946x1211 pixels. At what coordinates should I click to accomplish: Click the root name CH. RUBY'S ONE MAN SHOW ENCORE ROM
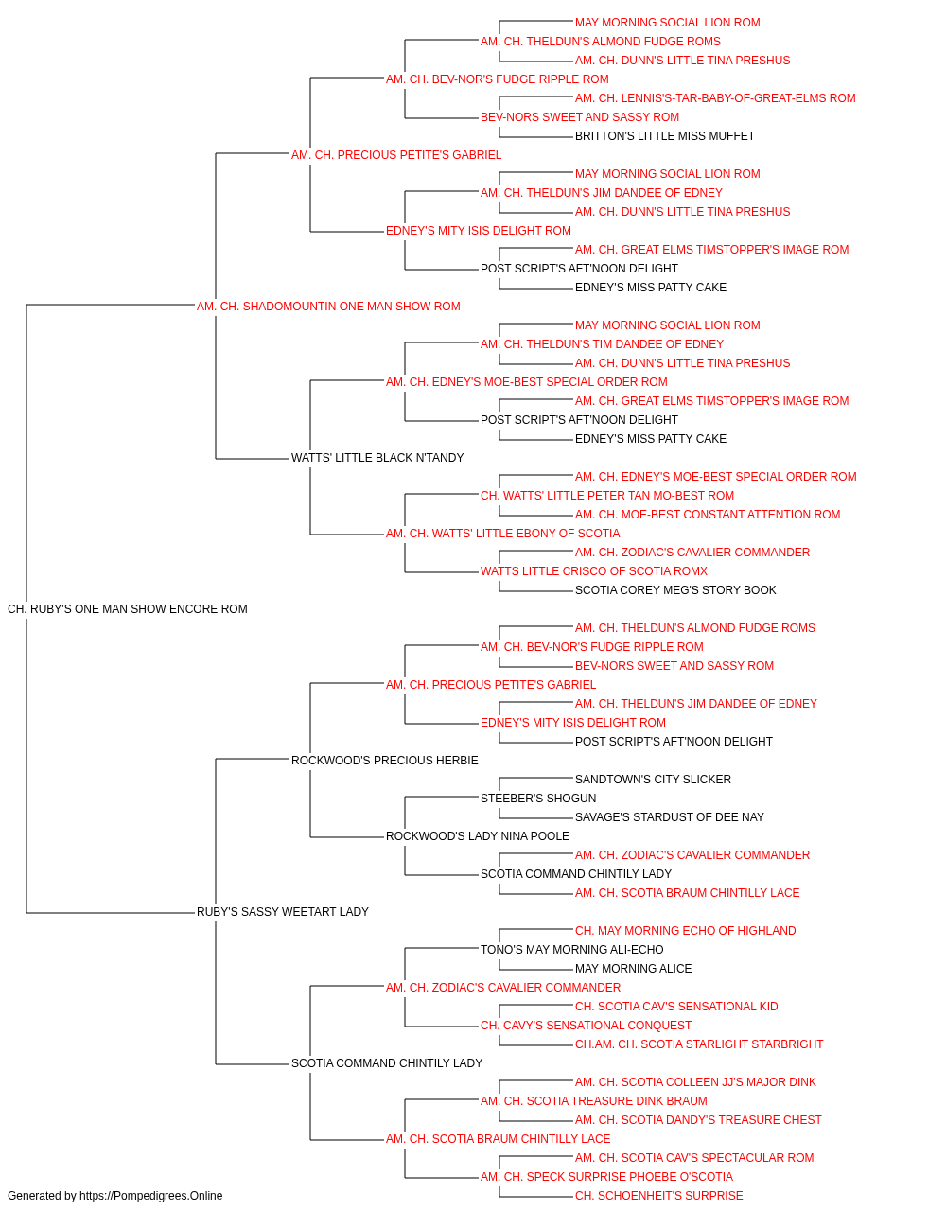pyautogui.click(x=128, y=609)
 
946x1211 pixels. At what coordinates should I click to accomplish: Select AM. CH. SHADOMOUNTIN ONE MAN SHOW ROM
pyautogui.click(x=328, y=307)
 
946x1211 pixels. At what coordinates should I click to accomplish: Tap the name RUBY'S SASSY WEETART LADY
pyautogui.click(x=283, y=912)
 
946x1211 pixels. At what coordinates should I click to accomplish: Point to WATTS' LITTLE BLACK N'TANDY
pyautogui.click(x=377, y=458)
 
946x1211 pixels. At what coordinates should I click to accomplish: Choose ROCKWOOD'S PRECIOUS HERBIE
pyautogui.click(x=384, y=761)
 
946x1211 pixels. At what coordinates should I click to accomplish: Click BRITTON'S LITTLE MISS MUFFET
pyautogui.click(x=665, y=136)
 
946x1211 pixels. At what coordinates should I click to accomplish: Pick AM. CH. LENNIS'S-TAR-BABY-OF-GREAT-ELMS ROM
pyautogui.click(x=715, y=98)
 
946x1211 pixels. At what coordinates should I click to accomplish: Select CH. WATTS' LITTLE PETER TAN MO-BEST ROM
pyautogui.click(x=607, y=496)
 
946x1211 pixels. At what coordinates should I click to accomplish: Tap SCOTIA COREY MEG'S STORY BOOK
pyautogui.click(x=675, y=590)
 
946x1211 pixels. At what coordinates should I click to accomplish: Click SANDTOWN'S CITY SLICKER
pyautogui.click(x=653, y=779)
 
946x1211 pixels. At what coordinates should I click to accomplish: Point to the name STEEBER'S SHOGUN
pyautogui.click(x=538, y=799)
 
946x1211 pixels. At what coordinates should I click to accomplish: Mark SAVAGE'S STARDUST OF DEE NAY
pyautogui.click(x=669, y=817)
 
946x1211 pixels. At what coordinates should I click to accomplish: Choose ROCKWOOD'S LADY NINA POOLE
pyautogui.click(x=478, y=836)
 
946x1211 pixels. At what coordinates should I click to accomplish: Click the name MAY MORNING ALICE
pyautogui.click(x=634, y=969)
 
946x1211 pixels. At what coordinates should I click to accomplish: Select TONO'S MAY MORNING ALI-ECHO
pyautogui.click(x=571, y=950)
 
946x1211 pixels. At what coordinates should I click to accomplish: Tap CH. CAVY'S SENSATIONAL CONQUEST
pyautogui.click(x=586, y=1026)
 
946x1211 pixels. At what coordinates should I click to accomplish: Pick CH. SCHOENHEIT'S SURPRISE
pyautogui.click(x=659, y=1196)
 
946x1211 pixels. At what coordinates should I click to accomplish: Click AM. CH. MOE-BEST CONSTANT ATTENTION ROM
pyautogui.click(x=708, y=515)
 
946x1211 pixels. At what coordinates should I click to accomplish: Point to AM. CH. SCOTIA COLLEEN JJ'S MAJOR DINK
pyautogui.click(x=695, y=1082)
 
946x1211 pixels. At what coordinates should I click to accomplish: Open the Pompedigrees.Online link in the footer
pyautogui.click(x=150, y=1196)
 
